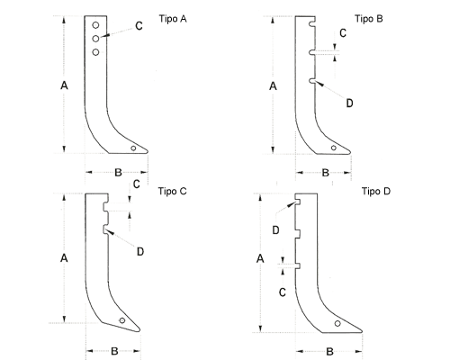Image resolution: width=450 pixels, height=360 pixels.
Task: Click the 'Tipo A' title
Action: tap(173, 19)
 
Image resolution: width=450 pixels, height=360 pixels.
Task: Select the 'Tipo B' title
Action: tap(369, 19)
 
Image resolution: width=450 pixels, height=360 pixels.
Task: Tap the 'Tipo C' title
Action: tap(173, 191)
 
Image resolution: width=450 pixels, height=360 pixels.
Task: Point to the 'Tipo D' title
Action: tap(376, 191)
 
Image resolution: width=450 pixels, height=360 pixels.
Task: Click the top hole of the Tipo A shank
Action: tap(95, 25)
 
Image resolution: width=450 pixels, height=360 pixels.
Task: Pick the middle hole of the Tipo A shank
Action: tap(95, 39)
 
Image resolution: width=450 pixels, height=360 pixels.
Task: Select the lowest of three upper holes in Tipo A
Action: tap(95, 52)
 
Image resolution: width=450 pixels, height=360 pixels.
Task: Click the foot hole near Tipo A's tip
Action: tap(133, 148)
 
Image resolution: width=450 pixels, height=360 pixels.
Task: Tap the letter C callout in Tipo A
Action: tap(139, 26)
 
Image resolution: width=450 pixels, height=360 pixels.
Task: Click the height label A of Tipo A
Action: tap(64, 86)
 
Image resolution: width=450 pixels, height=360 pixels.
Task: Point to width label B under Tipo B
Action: tap(326, 173)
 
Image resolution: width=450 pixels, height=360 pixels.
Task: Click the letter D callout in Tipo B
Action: tap(349, 103)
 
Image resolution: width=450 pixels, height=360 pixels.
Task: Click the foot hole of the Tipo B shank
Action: tap(333, 148)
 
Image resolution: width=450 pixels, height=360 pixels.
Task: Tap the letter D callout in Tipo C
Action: tap(140, 252)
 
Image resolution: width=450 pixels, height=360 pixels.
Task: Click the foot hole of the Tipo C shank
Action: tap(122, 320)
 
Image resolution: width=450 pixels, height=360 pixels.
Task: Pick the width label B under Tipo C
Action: tap(114, 351)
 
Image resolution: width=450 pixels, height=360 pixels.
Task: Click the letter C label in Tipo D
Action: tap(283, 292)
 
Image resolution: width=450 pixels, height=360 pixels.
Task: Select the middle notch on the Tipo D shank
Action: tap(298, 234)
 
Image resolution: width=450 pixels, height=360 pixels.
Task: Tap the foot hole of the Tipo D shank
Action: tap(337, 324)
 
